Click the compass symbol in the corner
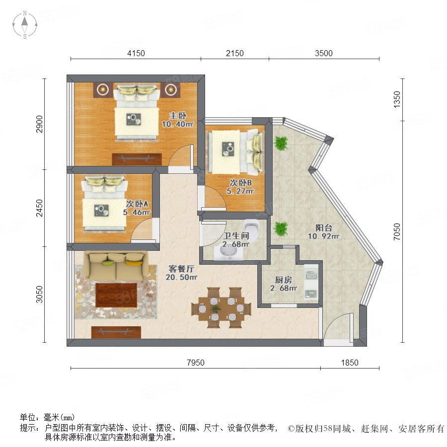point(25,25)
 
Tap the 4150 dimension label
point(136,53)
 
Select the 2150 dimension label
point(234,53)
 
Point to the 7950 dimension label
point(196,363)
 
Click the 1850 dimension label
point(350,363)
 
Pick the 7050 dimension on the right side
point(397,231)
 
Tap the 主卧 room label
point(178,115)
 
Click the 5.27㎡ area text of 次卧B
point(240,191)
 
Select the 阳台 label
point(324,228)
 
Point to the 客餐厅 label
point(182,269)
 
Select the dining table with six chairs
point(222,308)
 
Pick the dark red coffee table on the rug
point(116,295)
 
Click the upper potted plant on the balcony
point(281,143)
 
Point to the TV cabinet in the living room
point(116,332)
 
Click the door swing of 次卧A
point(142,231)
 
